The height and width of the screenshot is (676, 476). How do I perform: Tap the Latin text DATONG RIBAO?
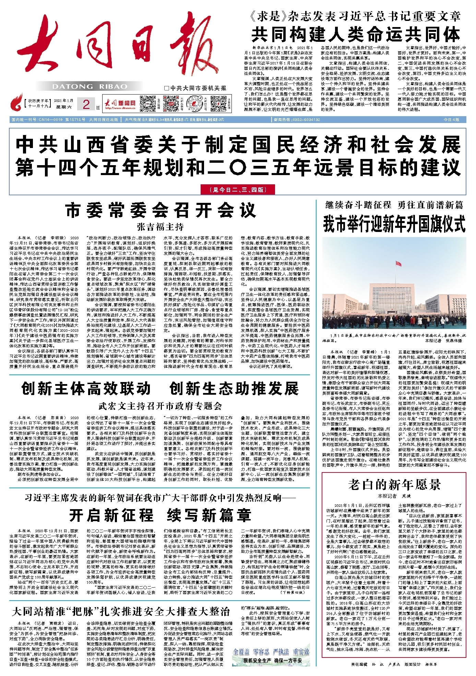(90, 87)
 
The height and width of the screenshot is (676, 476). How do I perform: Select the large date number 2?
(86, 104)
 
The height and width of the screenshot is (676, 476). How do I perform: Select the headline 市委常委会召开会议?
(160, 210)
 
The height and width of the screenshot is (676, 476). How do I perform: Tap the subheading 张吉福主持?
(160, 227)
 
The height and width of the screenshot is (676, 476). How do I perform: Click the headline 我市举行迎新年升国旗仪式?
(394, 224)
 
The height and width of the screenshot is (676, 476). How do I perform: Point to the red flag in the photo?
(398, 263)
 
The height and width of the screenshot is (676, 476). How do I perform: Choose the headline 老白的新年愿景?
(394, 484)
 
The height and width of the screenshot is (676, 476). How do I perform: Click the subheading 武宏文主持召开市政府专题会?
(160, 406)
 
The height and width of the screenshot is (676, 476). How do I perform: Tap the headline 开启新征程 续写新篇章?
(160, 515)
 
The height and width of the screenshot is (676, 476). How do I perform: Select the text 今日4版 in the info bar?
(451, 120)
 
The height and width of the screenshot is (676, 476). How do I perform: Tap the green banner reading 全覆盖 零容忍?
(271, 651)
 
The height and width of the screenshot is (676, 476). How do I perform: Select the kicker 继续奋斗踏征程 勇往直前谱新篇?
(394, 205)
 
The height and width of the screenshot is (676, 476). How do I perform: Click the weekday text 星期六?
(64, 107)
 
